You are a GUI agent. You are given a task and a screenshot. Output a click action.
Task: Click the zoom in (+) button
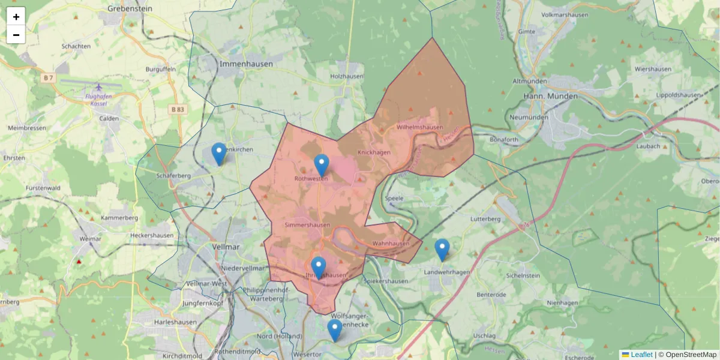tap(16, 17)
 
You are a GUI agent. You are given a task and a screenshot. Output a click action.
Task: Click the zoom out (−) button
tap(16, 35)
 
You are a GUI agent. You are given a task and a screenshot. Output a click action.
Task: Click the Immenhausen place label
tap(246, 64)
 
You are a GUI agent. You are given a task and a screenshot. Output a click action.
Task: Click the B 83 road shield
tap(178, 109)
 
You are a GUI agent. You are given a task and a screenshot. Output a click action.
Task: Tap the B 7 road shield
tap(48, 78)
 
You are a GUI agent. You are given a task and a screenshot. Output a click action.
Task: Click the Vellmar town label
tap(226, 246)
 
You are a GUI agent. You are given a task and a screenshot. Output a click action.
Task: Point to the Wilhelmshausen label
tap(420, 127)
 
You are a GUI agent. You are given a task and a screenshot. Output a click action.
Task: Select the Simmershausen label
tap(308, 225)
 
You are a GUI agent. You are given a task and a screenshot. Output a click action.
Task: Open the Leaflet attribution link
tap(641, 355)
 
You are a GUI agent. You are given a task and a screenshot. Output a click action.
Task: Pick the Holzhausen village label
tap(347, 77)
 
